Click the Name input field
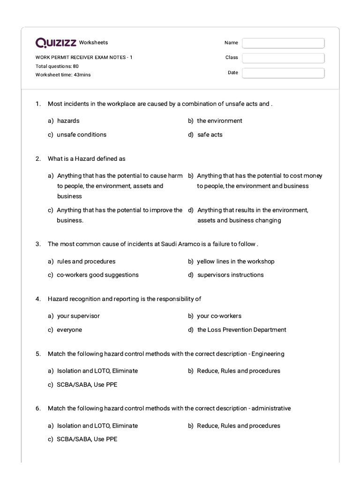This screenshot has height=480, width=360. pos(283,43)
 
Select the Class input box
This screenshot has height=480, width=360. pos(283,58)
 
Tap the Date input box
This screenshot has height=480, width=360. pos(283,73)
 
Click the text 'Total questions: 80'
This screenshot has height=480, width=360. pos(57,66)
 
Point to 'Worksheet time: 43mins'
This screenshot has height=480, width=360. pos(63,75)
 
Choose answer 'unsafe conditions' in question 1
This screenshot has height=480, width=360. pos(82,135)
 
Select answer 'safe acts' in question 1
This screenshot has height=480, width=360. pos(210,135)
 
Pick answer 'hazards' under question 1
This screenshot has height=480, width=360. pos(68,120)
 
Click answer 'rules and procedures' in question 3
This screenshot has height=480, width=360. pos(86,261)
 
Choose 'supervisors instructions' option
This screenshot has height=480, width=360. pos(230,275)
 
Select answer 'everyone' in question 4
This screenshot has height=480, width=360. pos(69,330)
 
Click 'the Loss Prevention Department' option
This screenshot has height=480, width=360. pos(241,330)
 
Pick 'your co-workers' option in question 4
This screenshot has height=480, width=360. pos(219,316)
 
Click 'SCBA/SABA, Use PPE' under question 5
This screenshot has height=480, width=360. pos(87,384)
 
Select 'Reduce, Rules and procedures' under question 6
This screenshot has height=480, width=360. pos(238,426)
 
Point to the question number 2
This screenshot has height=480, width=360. pos(38,158)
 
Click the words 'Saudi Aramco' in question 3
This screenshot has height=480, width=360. pos(180,244)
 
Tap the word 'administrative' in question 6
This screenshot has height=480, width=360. pos(271,408)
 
